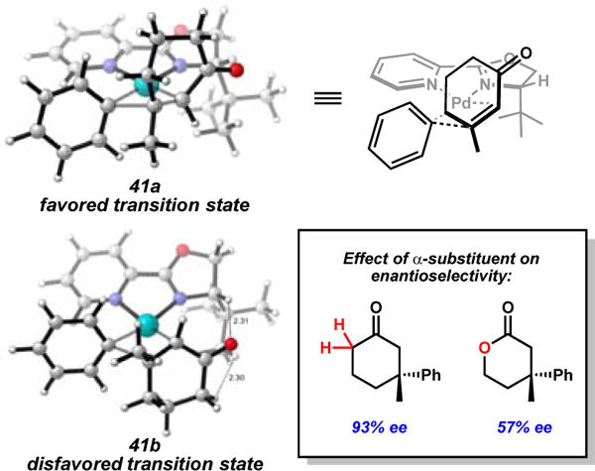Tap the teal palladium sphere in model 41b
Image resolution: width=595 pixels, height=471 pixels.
[146, 323]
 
